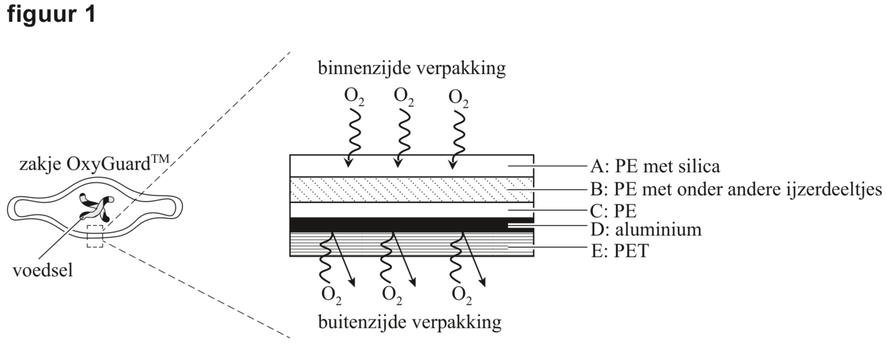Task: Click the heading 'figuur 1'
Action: tap(51, 14)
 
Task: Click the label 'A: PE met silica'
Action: tap(655, 166)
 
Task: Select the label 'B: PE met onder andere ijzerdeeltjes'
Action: tap(736, 189)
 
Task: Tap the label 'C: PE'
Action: tap(613, 211)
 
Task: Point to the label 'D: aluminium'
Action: tap(646, 230)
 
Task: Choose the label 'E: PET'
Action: tap(619, 251)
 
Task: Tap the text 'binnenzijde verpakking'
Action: tap(411, 68)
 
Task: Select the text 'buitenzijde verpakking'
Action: tap(409, 322)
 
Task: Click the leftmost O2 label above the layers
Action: tap(354, 96)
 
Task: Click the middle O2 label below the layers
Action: tap(392, 294)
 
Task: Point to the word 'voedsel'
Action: tap(43, 270)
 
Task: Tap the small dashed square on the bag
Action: tap(95, 236)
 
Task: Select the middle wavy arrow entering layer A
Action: tap(401, 137)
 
